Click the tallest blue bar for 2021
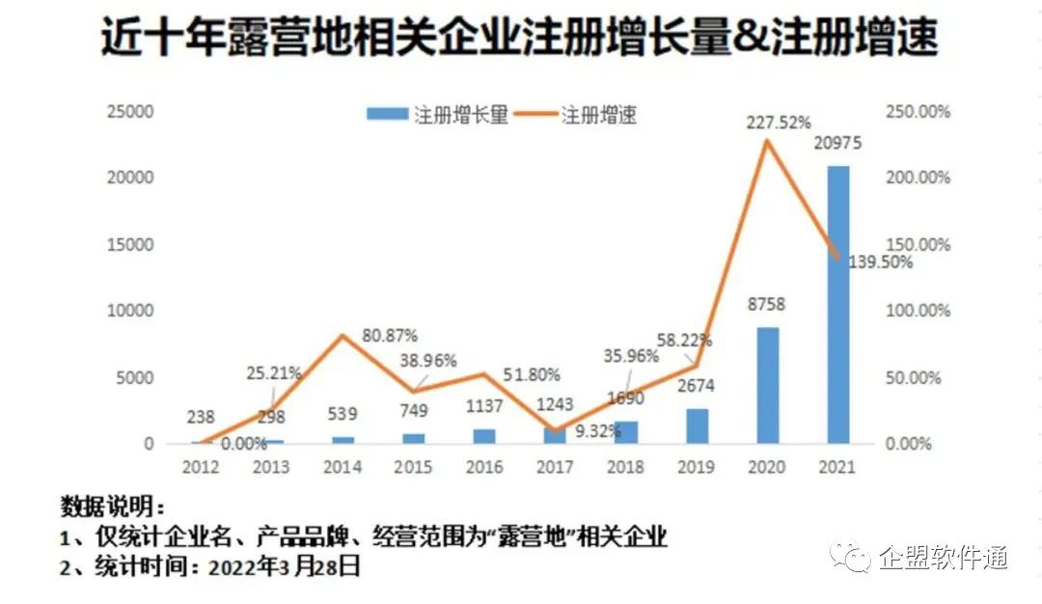[838, 304]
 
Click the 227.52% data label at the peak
[779, 122]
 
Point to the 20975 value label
[836, 144]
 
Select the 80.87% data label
[390, 336]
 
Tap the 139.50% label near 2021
[880, 261]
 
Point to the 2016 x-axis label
[484, 467]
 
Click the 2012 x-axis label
[200, 467]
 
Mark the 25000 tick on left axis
[129, 112]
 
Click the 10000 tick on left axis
[129, 311]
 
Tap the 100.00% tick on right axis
[919, 311]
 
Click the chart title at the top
[520, 40]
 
